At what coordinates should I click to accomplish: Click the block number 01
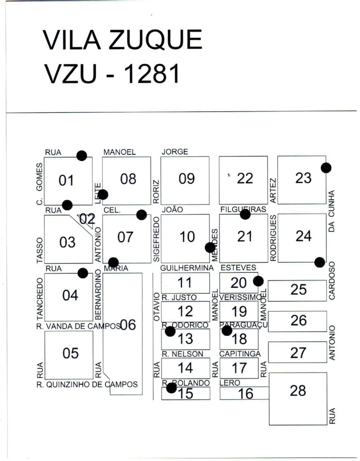point(66,181)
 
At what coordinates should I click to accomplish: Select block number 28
point(298,390)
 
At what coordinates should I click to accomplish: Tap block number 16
point(246,393)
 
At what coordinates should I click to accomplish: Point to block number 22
point(245,179)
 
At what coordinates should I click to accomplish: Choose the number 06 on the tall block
point(128,325)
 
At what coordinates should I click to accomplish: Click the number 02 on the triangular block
point(87,219)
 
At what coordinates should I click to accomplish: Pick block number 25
point(298,289)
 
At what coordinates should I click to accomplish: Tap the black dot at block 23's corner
point(326,167)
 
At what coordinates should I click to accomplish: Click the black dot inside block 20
point(258,281)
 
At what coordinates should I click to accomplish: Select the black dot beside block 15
point(171,388)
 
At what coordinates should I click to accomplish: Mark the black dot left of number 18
point(227,330)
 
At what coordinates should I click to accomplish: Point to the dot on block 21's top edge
point(245,214)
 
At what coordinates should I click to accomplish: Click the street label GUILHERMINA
point(187,268)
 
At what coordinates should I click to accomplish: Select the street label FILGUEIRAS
point(243,209)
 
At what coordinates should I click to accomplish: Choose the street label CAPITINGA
point(240,354)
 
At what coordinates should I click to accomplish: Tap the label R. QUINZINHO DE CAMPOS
point(87,384)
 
